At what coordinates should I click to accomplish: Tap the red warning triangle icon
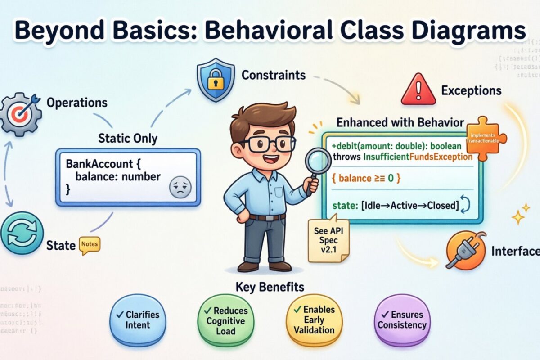tap(418, 90)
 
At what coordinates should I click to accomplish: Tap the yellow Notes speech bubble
tap(90, 245)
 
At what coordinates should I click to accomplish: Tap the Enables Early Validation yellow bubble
tap(315, 319)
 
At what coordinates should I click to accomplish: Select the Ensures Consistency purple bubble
tap(402, 319)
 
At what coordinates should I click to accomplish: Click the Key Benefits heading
tap(270, 287)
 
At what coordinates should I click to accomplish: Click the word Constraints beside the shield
tap(274, 75)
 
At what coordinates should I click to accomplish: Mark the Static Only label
tap(128, 138)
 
